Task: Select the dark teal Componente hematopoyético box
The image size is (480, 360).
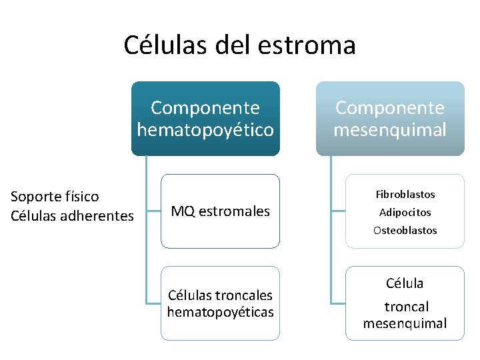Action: click(205, 119)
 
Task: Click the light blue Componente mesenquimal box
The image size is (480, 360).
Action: click(390, 119)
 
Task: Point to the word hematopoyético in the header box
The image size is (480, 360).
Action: click(205, 129)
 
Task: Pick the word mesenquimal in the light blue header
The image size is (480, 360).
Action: click(390, 129)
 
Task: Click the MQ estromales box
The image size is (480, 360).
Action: click(221, 211)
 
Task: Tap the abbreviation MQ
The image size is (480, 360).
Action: click(183, 211)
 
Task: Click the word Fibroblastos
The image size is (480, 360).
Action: click(405, 194)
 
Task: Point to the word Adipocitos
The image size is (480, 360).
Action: click(405, 212)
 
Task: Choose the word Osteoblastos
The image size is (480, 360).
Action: click(405, 230)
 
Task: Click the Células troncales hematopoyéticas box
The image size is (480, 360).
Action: click(221, 303)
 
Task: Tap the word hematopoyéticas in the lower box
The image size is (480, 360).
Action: click(221, 312)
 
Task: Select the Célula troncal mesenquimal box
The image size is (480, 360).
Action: click(405, 303)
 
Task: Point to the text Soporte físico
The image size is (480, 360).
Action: click(55, 197)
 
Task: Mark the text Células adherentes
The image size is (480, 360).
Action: click(73, 215)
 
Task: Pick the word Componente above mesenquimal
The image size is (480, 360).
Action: click(390, 108)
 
